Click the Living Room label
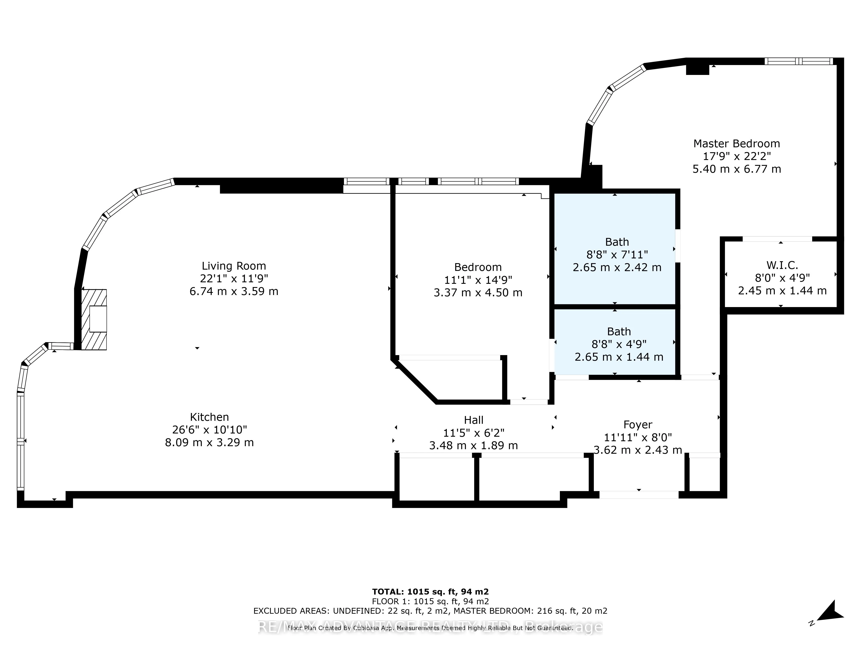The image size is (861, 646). click(x=234, y=266)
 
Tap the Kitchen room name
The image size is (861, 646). click(x=209, y=417)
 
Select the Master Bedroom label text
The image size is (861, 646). click(x=736, y=144)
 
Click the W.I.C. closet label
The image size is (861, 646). click(x=782, y=265)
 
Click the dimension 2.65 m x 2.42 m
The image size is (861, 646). click(x=617, y=267)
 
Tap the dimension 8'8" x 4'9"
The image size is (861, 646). click(x=618, y=344)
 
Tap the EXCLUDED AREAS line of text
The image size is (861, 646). click(x=430, y=611)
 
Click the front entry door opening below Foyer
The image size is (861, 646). click(x=638, y=495)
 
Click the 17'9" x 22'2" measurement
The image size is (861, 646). click(x=736, y=156)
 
